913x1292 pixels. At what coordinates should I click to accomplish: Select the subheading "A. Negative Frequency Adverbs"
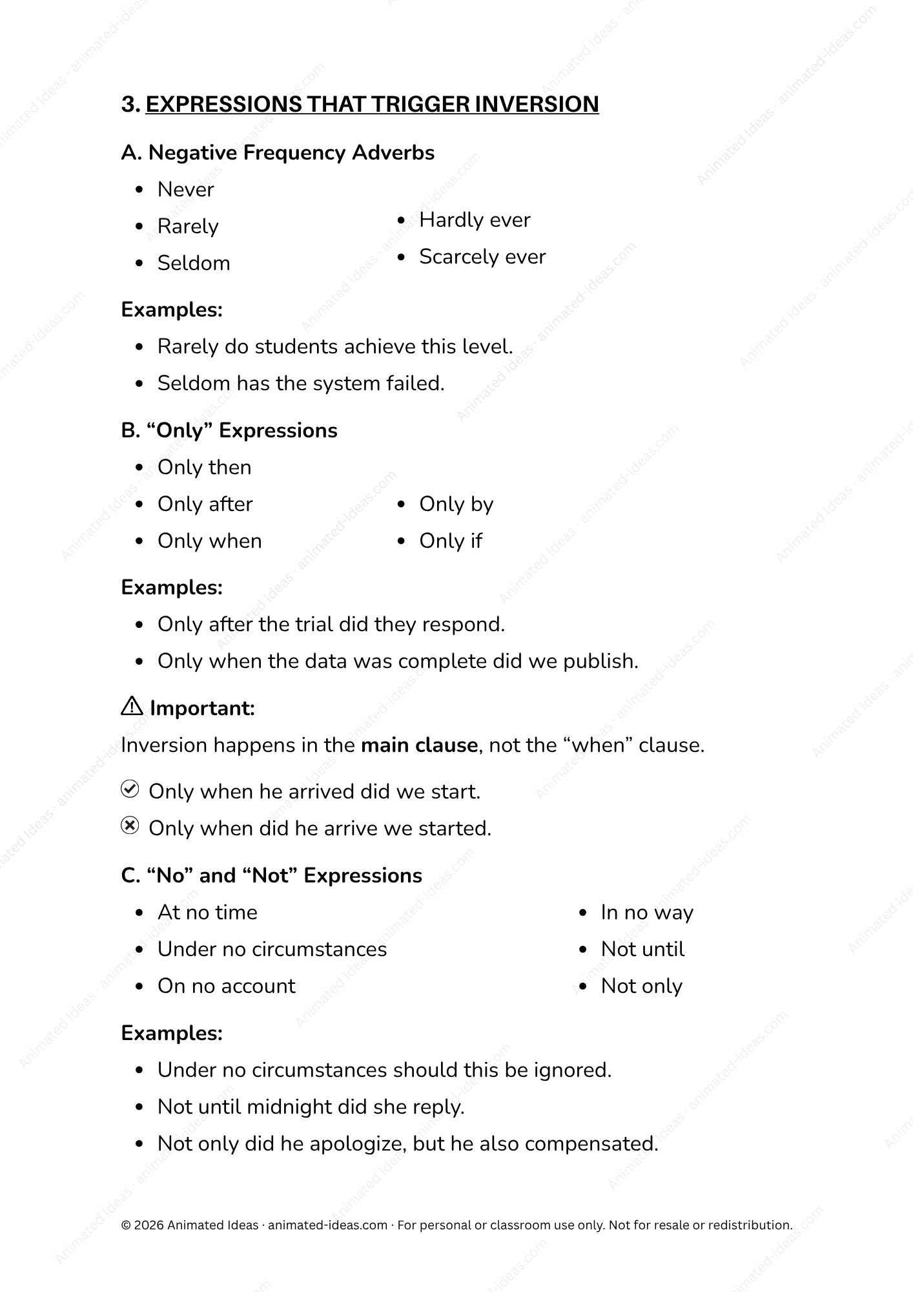click(x=278, y=153)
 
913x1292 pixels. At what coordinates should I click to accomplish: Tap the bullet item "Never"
click(x=185, y=190)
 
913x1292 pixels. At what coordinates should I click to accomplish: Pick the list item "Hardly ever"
click(x=475, y=220)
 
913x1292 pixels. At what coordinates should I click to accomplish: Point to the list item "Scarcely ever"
click(x=482, y=257)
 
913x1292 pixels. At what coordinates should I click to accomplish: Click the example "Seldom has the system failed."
click(x=301, y=384)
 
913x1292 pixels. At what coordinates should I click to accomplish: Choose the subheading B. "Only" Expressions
click(x=229, y=431)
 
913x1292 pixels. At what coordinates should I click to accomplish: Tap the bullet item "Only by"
click(x=456, y=505)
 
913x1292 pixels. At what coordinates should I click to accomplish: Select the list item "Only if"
click(x=450, y=541)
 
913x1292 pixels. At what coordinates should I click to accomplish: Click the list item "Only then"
click(x=204, y=468)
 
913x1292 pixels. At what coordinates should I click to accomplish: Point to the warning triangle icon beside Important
click(x=132, y=707)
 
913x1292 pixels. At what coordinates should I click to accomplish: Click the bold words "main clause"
click(x=419, y=745)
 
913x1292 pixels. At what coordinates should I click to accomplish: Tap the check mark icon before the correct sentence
click(x=130, y=789)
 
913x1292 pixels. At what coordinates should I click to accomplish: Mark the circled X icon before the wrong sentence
click(x=130, y=826)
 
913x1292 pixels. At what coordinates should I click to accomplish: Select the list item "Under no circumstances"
click(x=272, y=950)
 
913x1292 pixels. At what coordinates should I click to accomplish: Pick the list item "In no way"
click(x=646, y=913)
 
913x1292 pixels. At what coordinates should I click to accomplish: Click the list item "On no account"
click(x=226, y=986)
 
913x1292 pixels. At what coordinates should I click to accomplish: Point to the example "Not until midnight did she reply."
click(x=311, y=1107)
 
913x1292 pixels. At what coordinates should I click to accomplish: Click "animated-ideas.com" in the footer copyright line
click(x=327, y=1225)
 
